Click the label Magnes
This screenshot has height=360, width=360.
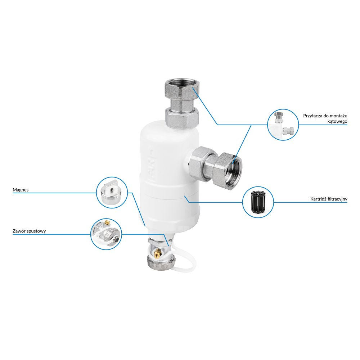coord(21,190)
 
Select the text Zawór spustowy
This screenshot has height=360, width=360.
coord(29,231)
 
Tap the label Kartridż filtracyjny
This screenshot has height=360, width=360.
coord(329,199)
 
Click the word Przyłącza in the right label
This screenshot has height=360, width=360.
coord(313,116)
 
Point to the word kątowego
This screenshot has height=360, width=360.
coord(337,121)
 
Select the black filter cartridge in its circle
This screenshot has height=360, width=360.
coord(258,202)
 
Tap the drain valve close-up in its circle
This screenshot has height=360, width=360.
coord(106,234)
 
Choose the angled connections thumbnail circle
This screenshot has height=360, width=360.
coord(283,125)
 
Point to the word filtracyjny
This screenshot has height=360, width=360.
coord(338,199)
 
